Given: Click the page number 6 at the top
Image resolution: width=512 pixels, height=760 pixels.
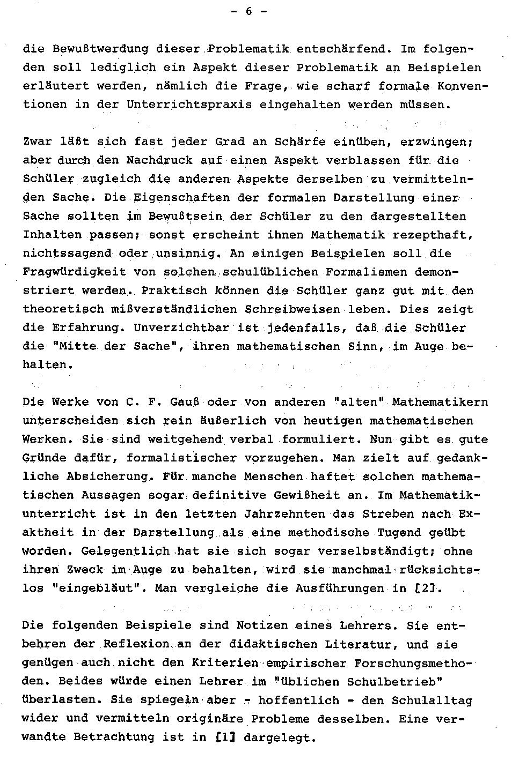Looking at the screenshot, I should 248,12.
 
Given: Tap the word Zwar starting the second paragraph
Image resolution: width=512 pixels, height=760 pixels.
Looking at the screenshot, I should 38,142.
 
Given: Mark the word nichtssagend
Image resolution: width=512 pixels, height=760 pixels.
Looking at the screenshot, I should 67,254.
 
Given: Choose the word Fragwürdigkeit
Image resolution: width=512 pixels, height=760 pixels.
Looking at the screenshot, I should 74,272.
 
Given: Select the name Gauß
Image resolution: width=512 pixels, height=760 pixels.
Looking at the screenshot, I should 185,403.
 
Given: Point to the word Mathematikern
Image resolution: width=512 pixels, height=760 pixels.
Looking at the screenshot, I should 440,403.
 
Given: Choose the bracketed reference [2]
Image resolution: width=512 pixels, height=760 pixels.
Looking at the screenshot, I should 429,588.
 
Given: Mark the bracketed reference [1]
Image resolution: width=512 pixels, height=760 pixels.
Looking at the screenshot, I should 225,737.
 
